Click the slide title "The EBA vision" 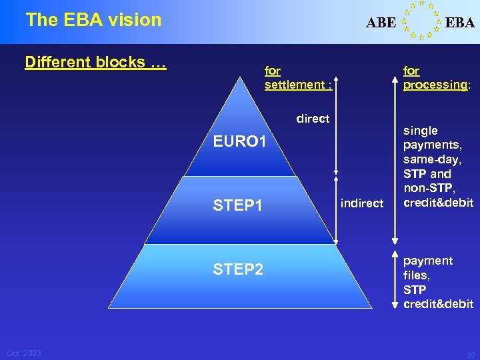[x=93, y=20]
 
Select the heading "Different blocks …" [x=95, y=63]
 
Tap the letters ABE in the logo [x=381, y=23]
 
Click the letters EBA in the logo [x=460, y=23]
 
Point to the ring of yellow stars [x=421, y=20]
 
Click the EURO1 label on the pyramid [x=239, y=142]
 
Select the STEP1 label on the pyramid [x=237, y=205]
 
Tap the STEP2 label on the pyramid [x=238, y=270]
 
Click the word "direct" [x=313, y=119]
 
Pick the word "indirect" [x=362, y=203]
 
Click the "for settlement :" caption [x=298, y=77]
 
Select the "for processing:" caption [x=436, y=77]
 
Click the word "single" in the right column [x=421, y=131]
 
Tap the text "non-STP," [x=429, y=189]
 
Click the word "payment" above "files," [x=427, y=261]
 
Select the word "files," [x=417, y=275]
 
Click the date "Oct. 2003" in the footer [x=24, y=353]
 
